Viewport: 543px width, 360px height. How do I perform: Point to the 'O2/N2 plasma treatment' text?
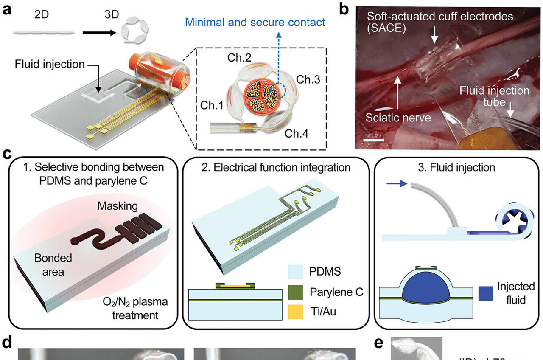pyautogui.click(x=142, y=308)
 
